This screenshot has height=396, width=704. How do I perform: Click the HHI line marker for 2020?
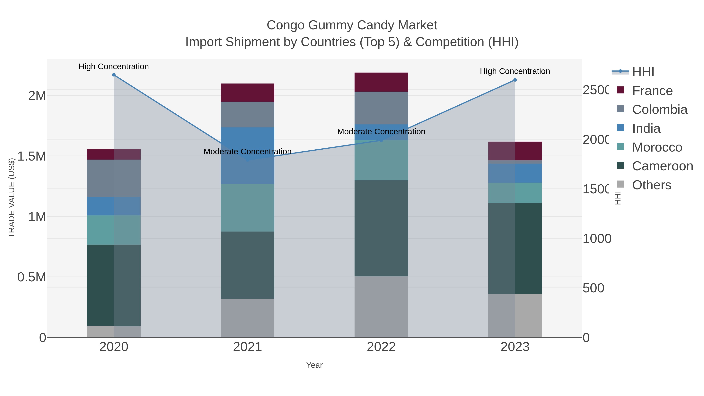(x=114, y=75)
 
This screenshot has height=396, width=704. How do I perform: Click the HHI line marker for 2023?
(x=515, y=80)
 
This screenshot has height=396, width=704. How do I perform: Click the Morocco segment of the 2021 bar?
(x=247, y=208)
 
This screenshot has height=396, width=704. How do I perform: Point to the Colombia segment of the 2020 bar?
(x=114, y=178)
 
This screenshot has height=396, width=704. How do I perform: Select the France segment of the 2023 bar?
(x=515, y=151)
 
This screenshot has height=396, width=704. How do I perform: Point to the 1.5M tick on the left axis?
(x=31, y=156)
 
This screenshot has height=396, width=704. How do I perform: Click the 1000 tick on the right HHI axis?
(x=597, y=239)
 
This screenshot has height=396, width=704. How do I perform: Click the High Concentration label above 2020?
(x=114, y=66)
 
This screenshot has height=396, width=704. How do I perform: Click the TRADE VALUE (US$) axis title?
(x=12, y=198)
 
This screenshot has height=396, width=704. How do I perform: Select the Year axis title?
(x=314, y=365)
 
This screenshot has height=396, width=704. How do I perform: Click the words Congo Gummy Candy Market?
(x=352, y=25)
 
